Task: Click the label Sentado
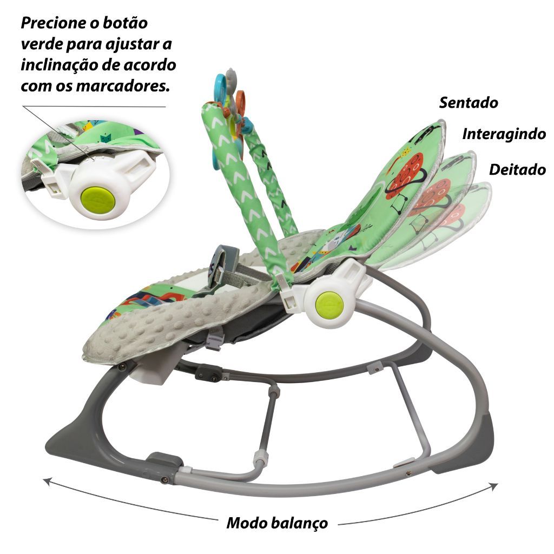(469, 102)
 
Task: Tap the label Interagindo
(504, 134)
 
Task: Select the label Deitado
(517, 169)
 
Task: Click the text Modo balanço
(277, 523)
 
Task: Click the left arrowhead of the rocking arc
(48, 482)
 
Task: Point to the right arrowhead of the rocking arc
(493, 486)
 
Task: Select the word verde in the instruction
(41, 44)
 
